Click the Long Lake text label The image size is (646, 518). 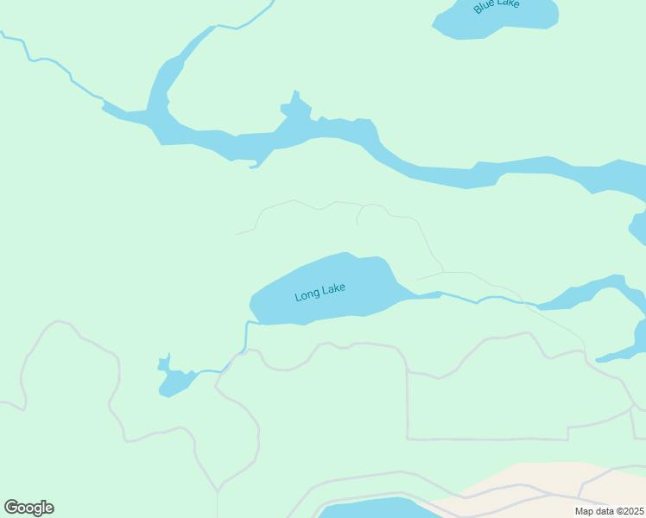[x=320, y=292]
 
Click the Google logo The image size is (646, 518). [x=28, y=508]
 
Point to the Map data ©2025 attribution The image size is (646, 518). [x=609, y=511]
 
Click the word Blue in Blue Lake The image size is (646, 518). [x=484, y=9]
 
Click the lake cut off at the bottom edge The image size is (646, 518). [x=371, y=509]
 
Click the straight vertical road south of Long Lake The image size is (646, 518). [x=407, y=406]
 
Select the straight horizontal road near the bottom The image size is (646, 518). [x=484, y=439]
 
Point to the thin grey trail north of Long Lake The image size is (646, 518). [x=337, y=203]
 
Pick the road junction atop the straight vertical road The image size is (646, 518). [x=407, y=372]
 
